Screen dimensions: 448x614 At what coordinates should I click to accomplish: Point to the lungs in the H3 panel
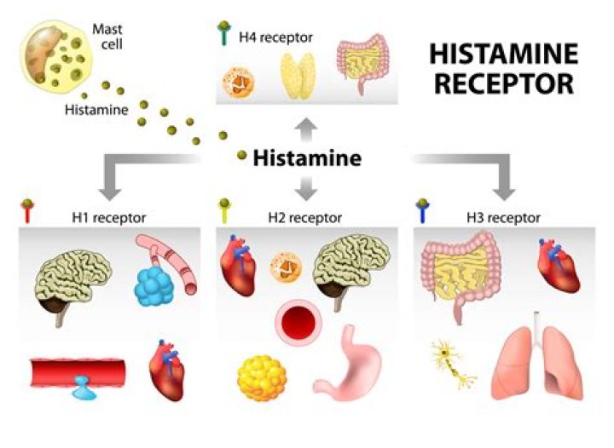tap(536, 359)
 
